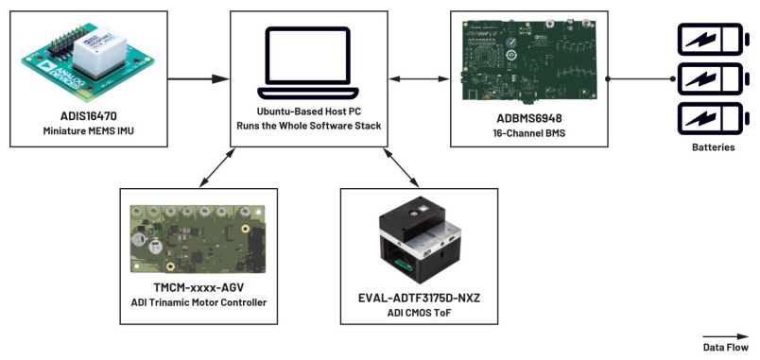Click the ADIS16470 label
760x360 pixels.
88,117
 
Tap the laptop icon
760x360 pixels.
308,62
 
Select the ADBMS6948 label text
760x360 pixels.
528,118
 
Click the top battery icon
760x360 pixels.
712,39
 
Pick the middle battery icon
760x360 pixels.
712,78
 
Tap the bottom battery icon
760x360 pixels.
712,118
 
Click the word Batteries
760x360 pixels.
713,147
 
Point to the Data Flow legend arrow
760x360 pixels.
726,336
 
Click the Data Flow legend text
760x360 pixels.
726,348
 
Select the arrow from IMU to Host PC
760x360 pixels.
199,78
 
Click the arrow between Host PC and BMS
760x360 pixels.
420,78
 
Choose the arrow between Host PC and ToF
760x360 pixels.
401,167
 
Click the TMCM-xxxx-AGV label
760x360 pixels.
199,288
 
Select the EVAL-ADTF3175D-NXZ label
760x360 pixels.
419,298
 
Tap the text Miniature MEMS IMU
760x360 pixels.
88,130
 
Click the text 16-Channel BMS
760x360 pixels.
528,132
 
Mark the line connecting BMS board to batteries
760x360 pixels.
641,78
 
